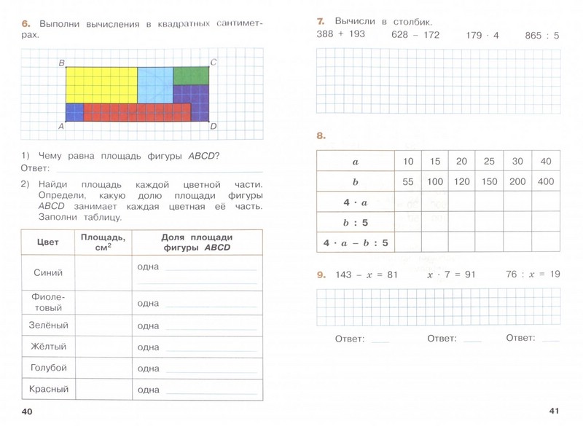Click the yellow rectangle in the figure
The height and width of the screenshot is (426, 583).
pos(101,84)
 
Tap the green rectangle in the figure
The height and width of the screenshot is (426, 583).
pos(191,75)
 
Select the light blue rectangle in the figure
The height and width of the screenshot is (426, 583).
pos(154,84)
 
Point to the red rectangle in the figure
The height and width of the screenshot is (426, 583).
pos(137,112)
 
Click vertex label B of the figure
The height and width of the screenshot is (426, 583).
pos(61,63)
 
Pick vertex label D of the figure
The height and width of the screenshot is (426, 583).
pos(214,127)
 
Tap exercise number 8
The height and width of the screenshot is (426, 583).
pos(321,135)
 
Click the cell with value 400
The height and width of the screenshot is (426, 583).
pos(546,181)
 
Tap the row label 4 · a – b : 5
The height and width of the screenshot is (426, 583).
pos(355,242)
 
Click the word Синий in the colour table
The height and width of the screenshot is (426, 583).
pos(49,272)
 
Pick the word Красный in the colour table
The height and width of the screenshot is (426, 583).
pos(49,390)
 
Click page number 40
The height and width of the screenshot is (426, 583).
pos(28,412)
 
